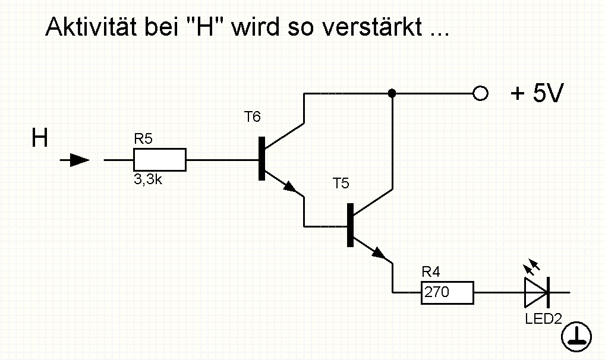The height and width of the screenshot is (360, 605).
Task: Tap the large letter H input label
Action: [40, 138]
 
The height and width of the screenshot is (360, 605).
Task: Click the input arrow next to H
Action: [75, 160]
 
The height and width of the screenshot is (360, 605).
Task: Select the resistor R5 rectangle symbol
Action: [160, 160]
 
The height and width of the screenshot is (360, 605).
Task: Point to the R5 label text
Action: [143, 139]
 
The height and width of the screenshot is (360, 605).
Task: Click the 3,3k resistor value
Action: [148, 179]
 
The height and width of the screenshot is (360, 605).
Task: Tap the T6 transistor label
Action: [253, 116]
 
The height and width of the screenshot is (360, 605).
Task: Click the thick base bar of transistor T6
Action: [262, 159]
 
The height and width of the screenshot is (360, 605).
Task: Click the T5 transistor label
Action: [341, 184]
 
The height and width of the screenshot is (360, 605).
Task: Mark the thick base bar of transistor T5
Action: [351, 225]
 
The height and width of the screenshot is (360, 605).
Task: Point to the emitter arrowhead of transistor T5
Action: [379, 253]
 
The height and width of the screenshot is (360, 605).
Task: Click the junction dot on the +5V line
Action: [392, 93]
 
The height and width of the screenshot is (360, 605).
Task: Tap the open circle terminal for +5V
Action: [480, 93]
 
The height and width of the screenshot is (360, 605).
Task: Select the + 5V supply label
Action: [537, 93]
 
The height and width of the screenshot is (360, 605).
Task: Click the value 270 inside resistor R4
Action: [437, 292]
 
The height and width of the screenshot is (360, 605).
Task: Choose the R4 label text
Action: [431, 272]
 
